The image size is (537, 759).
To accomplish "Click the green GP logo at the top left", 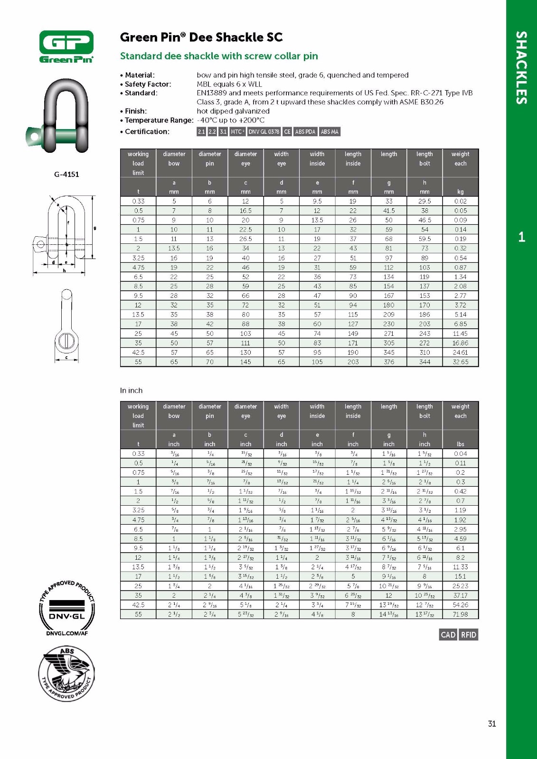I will pyautogui.click(x=66, y=46).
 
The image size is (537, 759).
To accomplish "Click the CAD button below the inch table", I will pyautogui.click(x=448, y=635).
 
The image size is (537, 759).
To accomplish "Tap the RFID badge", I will pyautogui.click(x=468, y=635).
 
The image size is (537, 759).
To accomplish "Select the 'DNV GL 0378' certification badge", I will pyautogui.click(x=264, y=132).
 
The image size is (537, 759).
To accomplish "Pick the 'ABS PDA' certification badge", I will pyautogui.click(x=305, y=132).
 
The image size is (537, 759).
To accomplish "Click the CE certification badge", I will pyautogui.click(x=287, y=132).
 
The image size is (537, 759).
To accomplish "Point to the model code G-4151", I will pyautogui.click(x=66, y=174).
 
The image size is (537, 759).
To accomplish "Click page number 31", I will pyautogui.click(x=492, y=723).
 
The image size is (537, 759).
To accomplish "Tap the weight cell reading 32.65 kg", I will pyautogui.click(x=460, y=362).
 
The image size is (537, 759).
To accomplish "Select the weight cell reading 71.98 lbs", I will pyautogui.click(x=460, y=614).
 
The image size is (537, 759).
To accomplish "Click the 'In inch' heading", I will pyautogui.click(x=131, y=390).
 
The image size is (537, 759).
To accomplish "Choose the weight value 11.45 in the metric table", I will pyautogui.click(x=460, y=333).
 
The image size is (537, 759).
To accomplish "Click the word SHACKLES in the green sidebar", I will pyautogui.click(x=521, y=67).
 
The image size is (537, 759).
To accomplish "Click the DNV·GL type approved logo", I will pyautogui.click(x=66, y=607).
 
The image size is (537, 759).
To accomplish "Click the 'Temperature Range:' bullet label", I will pyautogui.click(x=159, y=120).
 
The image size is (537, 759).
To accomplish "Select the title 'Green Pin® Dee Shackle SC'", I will pyautogui.click(x=201, y=37).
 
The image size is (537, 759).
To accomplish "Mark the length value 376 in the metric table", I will pyautogui.click(x=389, y=362).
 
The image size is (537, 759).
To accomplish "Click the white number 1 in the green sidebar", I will pyautogui.click(x=521, y=237).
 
